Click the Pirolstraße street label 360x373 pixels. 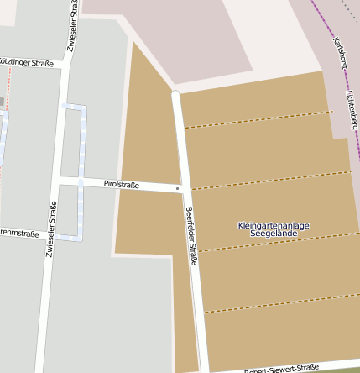121,184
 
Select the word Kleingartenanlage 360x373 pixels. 274,225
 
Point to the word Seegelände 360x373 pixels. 274,233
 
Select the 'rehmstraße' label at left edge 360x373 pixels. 19,233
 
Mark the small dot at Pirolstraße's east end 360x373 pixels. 178,188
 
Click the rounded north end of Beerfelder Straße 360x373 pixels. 175,94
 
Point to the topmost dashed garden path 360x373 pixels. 256,118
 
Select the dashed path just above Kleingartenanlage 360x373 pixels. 269,179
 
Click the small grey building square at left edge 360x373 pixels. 2,102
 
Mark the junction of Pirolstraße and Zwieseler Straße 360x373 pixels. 60,180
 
